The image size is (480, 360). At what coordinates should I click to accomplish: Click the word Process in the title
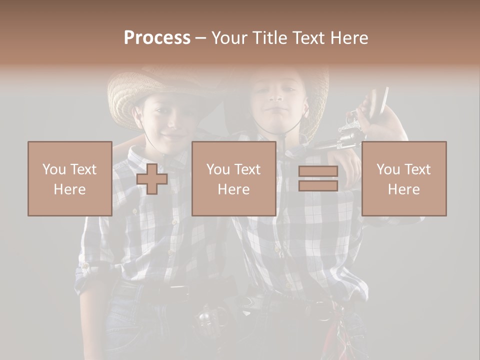click(x=157, y=38)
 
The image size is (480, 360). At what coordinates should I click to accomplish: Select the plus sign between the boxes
click(x=152, y=179)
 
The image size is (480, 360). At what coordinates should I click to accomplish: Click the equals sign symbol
click(x=318, y=178)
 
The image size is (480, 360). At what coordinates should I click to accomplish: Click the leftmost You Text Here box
click(x=69, y=178)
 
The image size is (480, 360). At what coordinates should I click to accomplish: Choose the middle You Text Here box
click(x=233, y=178)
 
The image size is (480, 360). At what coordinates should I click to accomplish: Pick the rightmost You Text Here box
click(x=403, y=178)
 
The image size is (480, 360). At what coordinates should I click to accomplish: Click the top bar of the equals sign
click(x=318, y=171)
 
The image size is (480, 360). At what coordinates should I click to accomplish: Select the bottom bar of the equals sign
click(x=318, y=185)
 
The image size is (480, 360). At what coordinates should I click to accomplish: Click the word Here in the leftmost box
click(x=69, y=189)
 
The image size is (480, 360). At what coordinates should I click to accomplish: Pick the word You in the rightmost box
click(x=387, y=169)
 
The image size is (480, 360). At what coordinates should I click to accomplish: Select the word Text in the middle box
click(x=247, y=169)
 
